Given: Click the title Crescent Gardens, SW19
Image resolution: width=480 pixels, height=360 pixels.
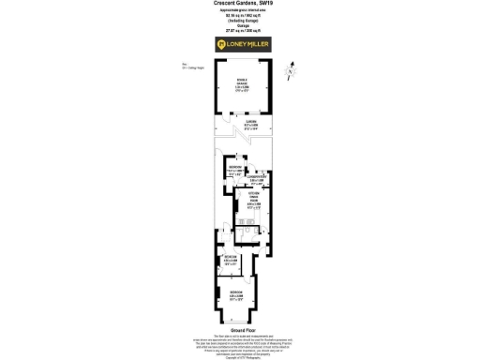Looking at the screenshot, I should point(240,4).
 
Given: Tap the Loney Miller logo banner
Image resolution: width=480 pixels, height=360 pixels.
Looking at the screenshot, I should point(240,43).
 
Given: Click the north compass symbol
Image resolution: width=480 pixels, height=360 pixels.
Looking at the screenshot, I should point(292,70).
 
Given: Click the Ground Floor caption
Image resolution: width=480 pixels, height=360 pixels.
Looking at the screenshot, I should point(240,331).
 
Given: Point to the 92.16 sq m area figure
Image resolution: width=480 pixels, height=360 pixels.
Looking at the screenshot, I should point(240,15).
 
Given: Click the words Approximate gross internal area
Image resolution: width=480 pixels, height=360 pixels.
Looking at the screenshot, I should point(240,10).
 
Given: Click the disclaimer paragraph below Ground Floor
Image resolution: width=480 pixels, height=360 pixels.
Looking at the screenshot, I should point(240,344).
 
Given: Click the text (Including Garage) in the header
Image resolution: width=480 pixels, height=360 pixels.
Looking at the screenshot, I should point(240,20).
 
